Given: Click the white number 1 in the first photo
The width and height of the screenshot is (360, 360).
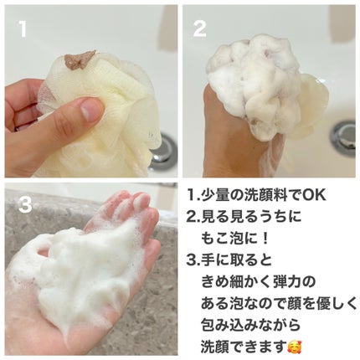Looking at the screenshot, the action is click(23, 29).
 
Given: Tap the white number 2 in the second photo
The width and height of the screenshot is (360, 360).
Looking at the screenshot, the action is click(199, 29).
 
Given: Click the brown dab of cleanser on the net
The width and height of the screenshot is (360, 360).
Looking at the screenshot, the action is click(79, 59).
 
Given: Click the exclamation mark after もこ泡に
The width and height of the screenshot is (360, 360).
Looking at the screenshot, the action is click(265, 239).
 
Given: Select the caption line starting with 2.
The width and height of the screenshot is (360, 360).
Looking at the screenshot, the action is click(244, 217).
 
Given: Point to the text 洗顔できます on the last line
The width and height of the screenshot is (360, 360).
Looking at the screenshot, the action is click(244, 347).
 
